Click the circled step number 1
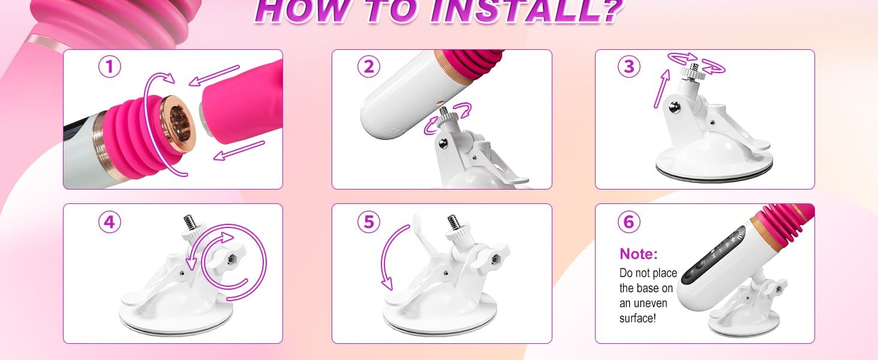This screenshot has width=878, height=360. pos(109,67)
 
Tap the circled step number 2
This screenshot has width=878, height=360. pos(369,67)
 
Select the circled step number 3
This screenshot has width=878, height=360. pos(629,67)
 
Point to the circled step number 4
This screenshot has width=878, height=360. pos(109,223)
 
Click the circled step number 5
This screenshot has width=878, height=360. pos(369,223)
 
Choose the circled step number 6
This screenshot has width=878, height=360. pos(629,223)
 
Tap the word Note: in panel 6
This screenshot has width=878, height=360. pos(639,254)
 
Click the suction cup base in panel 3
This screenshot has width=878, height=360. pos(714,159)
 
